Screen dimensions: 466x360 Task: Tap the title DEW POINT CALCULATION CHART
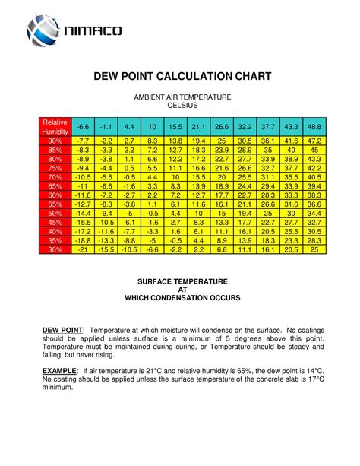(x=182, y=78)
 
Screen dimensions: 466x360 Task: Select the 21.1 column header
(x=199, y=125)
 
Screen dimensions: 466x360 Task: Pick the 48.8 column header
(x=314, y=125)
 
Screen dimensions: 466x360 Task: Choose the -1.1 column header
(x=106, y=125)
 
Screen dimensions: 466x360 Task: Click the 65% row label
(x=55, y=185)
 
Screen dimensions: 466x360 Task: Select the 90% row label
(x=55, y=141)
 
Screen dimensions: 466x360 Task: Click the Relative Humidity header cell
(x=55, y=126)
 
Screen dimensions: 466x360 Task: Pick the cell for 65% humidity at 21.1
(x=199, y=185)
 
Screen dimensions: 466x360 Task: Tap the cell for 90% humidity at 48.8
(x=314, y=141)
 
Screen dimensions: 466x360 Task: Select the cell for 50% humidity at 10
(x=153, y=213)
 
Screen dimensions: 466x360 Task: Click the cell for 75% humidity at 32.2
(x=245, y=168)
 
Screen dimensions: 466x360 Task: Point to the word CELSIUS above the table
(x=182, y=106)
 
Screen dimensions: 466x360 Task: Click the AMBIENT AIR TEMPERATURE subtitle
(x=182, y=98)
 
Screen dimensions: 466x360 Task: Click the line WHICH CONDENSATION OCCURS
(x=182, y=297)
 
